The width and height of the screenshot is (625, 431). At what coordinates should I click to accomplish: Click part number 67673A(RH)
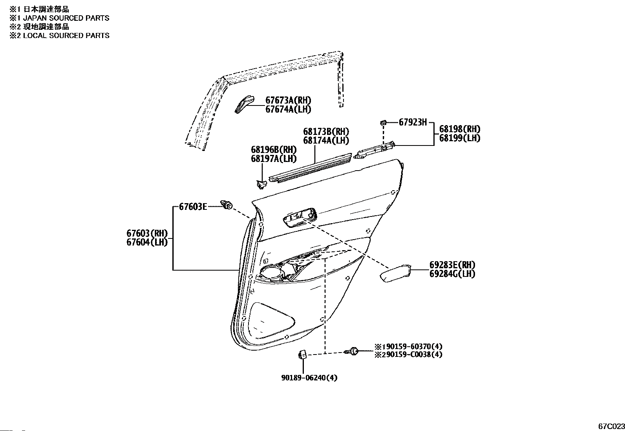pos(288,100)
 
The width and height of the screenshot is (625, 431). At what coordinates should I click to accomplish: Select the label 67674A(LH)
pos(288,109)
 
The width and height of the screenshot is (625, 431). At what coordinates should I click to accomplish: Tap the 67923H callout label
pos(413,122)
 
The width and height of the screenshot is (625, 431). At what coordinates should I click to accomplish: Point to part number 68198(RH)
pos(460,129)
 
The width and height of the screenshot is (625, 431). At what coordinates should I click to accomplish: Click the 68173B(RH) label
pos(326,131)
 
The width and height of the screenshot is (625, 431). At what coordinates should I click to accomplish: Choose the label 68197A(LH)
pos(274,158)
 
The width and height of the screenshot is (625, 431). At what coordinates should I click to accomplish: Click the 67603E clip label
pos(193,207)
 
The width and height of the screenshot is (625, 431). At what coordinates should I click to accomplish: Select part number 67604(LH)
pos(147,242)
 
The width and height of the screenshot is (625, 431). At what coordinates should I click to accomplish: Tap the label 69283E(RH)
pos(452,265)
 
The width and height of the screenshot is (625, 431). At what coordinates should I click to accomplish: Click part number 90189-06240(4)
pos(309,378)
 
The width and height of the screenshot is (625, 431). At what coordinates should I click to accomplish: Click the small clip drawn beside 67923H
pos(384,122)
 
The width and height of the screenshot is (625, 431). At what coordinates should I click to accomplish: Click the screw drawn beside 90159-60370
pos(352,351)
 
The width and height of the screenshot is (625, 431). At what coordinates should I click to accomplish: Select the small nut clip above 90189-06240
pos(302,355)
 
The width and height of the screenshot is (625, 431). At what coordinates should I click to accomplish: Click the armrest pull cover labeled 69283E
pos(395,273)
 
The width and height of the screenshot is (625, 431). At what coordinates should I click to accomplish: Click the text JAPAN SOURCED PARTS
pos(66,18)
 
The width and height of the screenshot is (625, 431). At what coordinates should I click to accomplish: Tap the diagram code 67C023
pos(611,426)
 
